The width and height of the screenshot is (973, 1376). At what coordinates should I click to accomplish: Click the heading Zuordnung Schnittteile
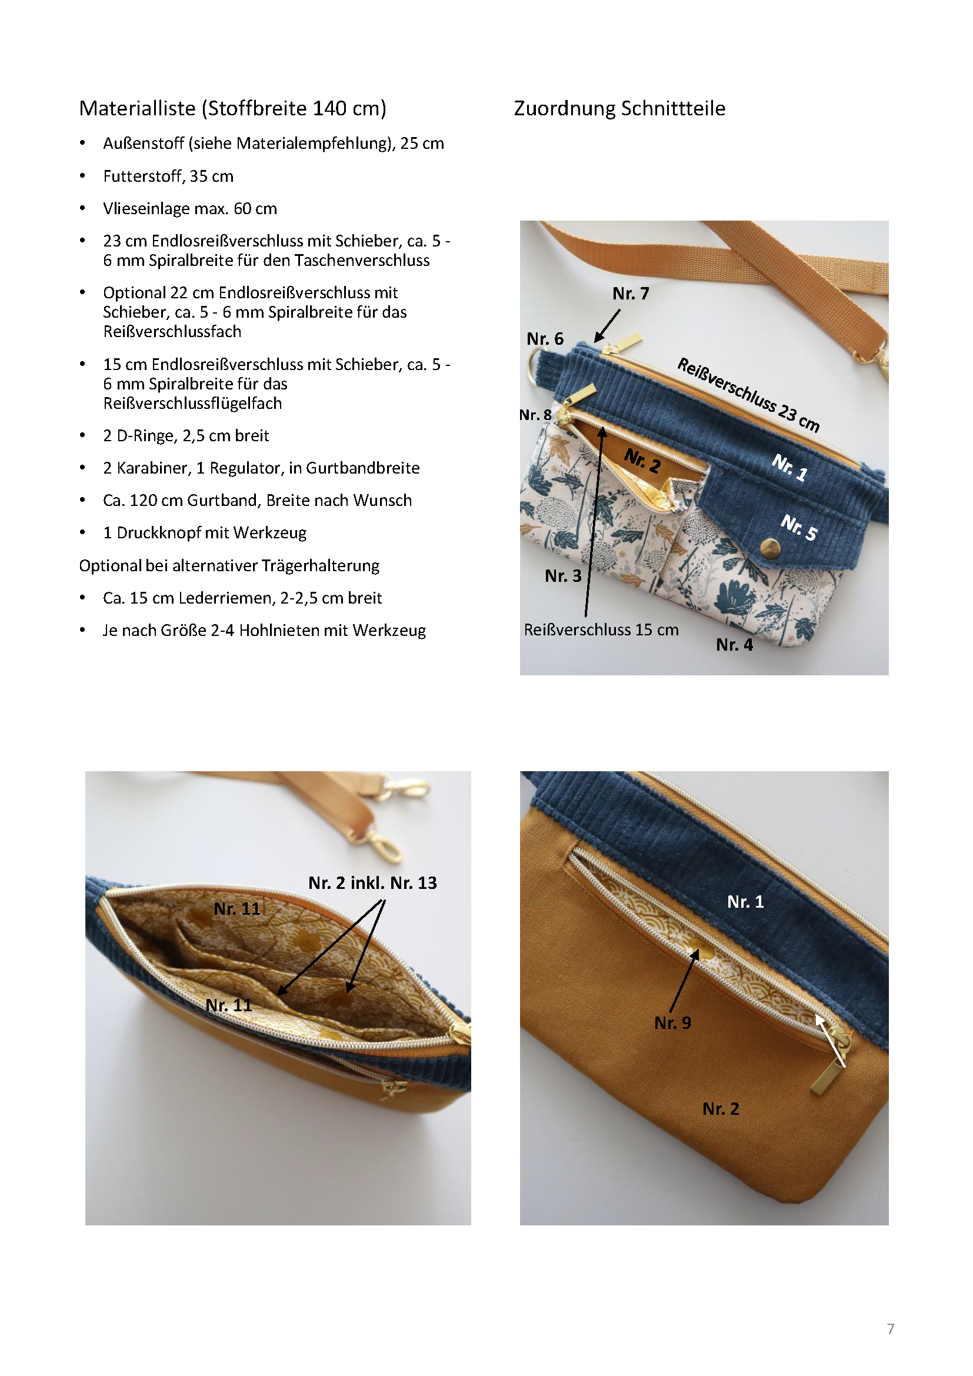click(x=619, y=108)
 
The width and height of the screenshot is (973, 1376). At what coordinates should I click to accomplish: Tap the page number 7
click(x=890, y=1329)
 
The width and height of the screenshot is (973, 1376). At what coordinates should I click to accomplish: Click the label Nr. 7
click(x=630, y=294)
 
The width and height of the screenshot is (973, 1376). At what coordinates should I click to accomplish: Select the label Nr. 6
click(x=545, y=339)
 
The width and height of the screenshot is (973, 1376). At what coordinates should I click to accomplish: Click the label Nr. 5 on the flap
click(x=799, y=527)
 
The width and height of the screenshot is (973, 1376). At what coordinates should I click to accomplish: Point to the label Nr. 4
click(x=734, y=645)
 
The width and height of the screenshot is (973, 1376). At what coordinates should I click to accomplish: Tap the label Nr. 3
click(x=563, y=576)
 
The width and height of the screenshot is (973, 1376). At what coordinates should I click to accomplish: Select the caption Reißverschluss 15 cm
click(x=601, y=630)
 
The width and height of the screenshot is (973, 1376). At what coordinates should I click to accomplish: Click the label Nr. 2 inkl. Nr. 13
click(x=372, y=883)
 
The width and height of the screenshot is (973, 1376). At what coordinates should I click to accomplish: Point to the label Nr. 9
click(x=672, y=1023)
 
